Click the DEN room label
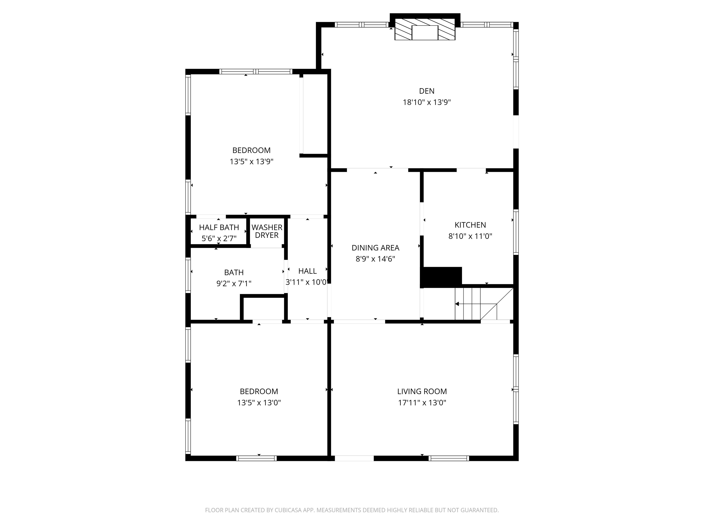point(426,91)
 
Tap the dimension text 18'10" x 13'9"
point(426,102)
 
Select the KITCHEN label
point(470,225)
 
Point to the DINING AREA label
point(375,247)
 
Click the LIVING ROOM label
point(422,391)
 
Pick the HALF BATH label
point(219,228)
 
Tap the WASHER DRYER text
point(267,231)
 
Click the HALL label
point(307,271)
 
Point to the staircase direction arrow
point(458,304)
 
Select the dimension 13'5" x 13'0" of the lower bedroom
point(259,403)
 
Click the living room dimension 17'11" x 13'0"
point(422,403)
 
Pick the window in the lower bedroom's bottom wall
point(256,458)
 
